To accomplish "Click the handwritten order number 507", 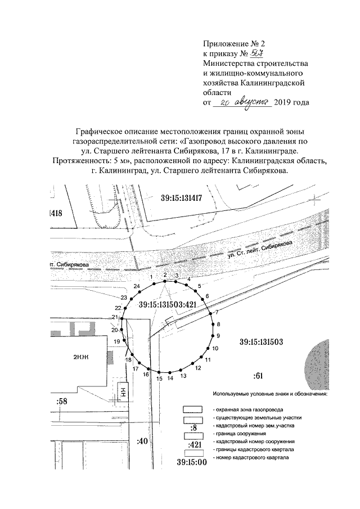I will [258, 53].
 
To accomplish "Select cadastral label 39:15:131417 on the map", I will [189, 197].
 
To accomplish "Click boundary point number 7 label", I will [217, 312].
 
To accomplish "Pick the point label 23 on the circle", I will [123, 297].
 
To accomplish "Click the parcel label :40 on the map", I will [141, 441].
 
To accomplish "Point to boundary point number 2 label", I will [165, 274].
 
